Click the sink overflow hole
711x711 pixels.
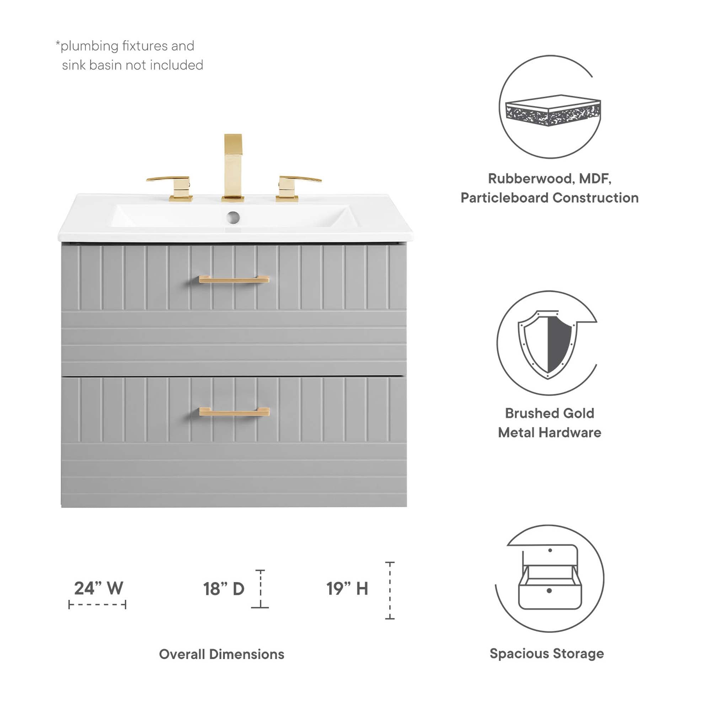(x=233, y=217)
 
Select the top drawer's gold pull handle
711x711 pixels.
(x=234, y=279)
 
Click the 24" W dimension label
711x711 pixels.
(x=98, y=588)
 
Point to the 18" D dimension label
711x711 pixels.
(x=224, y=589)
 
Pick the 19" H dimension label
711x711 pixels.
(x=347, y=588)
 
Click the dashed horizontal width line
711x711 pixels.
(x=97, y=605)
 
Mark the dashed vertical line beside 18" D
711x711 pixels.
(x=260, y=588)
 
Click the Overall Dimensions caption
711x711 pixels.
(x=221, y=654)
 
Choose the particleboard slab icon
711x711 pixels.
(x=553, y=111)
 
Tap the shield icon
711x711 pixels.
(x=547, y=344)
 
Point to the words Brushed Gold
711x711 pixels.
(x=550, y=413)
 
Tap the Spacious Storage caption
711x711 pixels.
(x=546, y=654)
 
